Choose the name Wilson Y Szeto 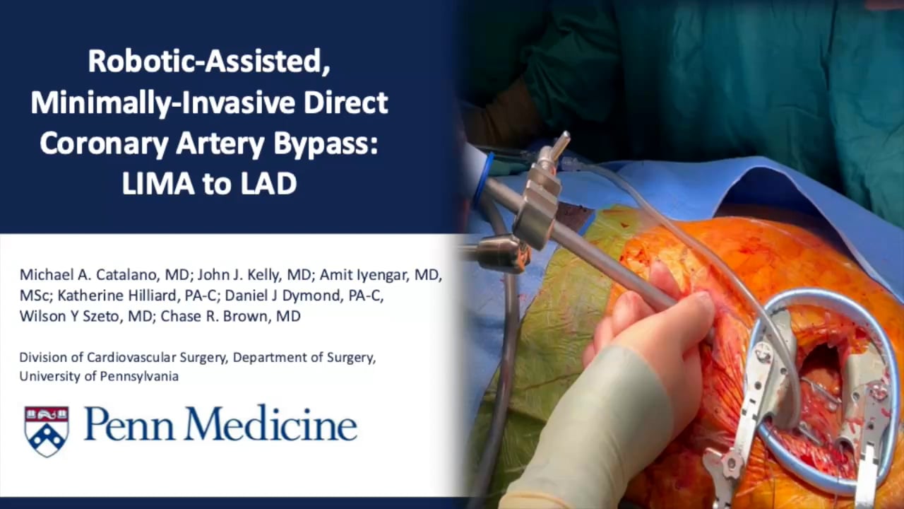point(85,316)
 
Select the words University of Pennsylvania point(99,376)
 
